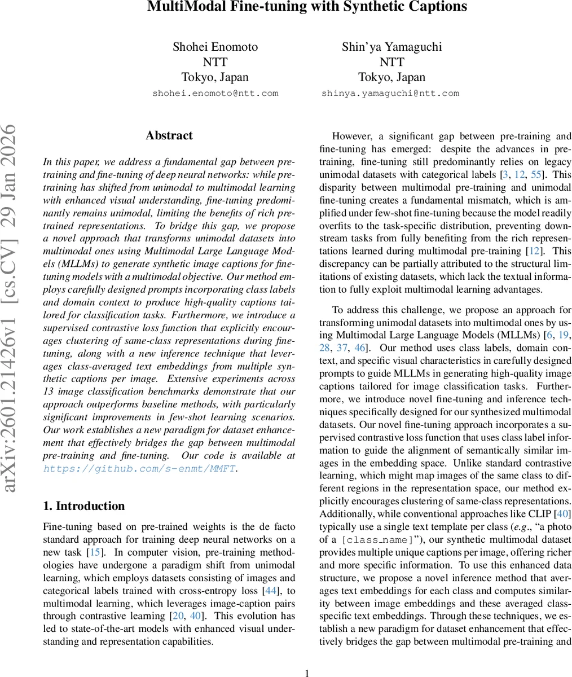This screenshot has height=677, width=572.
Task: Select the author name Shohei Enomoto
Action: click(215, 47)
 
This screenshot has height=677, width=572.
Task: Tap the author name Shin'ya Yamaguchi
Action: click(391, 47)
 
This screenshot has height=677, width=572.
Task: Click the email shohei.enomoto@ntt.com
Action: click(215, 93)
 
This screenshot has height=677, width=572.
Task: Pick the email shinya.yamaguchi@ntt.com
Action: click(390, 93)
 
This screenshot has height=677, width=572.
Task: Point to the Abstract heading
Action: click(169, 135)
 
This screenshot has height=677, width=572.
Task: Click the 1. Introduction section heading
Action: click(84, 505)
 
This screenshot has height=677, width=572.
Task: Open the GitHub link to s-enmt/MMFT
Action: click(139, 469)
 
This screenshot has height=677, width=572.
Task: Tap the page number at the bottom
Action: click(307, 672)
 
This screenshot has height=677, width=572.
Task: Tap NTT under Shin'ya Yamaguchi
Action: click(391, 62)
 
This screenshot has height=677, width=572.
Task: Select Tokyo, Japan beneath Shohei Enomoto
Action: click(215, 77)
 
